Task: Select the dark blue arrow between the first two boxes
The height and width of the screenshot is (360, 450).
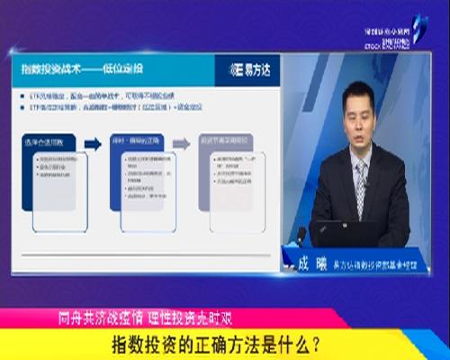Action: [x=93, y=143]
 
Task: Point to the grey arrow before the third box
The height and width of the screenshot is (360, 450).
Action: [x=181, y=143]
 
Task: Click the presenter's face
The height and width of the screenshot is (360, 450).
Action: [x=358, y=112]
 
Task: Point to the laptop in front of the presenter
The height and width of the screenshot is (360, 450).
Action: [x=346, y=233]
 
